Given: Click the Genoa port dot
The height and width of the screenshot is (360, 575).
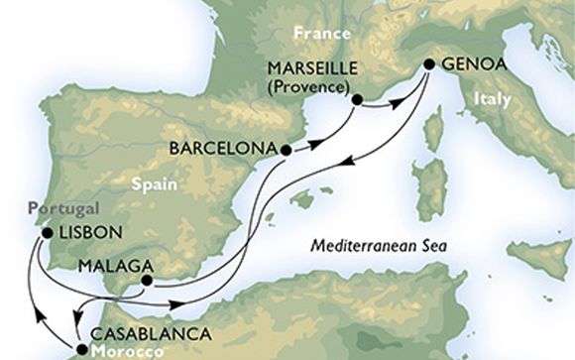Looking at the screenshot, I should click(x=428, y=65).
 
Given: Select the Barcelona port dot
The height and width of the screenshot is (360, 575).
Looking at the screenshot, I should click(x=287, y=151).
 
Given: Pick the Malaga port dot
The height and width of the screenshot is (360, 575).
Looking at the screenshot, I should click(x=146, y=281).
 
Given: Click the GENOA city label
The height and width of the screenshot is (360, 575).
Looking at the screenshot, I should click(x=472, y=64).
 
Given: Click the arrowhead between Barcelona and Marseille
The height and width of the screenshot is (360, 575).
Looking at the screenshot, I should click(x=315, y=142).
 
